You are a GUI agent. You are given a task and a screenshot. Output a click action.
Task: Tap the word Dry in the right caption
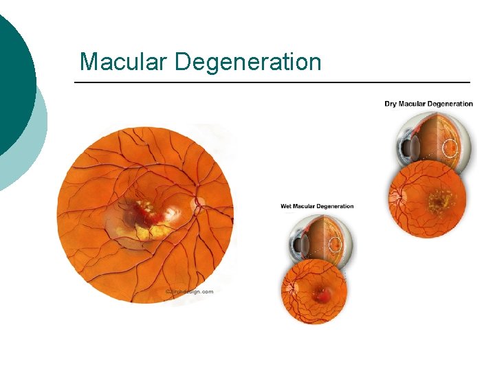(x=390, y=104)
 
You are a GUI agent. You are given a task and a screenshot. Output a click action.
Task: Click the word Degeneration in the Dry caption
(x=450, y=104)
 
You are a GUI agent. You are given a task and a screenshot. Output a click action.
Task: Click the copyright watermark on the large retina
(x=190, y=291)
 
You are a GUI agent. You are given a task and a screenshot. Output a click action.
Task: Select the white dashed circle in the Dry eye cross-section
(x=450, y=148)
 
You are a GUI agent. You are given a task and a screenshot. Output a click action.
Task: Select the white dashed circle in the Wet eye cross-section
(x=335, y=244)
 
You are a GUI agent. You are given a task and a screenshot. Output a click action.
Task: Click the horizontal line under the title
(x=272, y=83)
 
